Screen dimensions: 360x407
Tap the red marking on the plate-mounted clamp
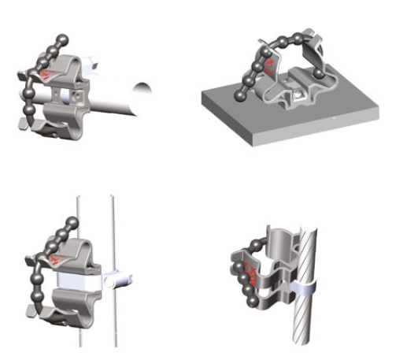[270, 63]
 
